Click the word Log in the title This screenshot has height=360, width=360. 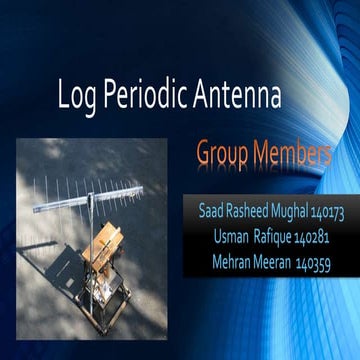pos(79,98)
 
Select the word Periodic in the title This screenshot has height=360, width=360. pos(146,98)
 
